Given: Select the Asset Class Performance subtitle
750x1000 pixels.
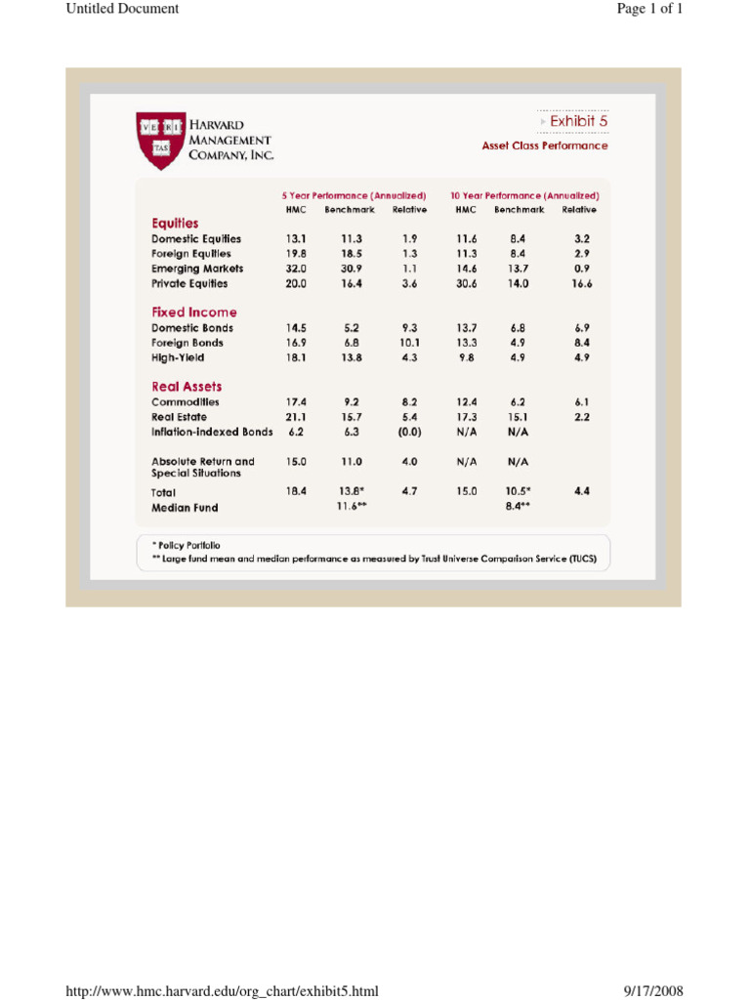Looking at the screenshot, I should [x=544, y=146].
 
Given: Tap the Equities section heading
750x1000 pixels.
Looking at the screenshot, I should [x=175, y=223].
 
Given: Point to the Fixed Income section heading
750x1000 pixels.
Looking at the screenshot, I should [x=193, y=312].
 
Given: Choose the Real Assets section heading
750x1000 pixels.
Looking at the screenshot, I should [x=187, y=387].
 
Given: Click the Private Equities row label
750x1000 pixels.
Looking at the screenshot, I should [x=189, y=283].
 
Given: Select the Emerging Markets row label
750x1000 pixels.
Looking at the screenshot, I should [x=197, y=269].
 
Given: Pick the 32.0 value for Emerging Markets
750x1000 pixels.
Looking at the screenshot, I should [x=296, y=269].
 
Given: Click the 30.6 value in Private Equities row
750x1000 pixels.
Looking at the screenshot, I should [x=465, y=283].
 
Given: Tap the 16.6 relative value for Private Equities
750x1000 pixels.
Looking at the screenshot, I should [x=582, y=283].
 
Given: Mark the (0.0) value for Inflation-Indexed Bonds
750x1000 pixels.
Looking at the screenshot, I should [x=409, y=431].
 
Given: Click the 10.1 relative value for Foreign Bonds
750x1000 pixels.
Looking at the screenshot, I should [x=409, y=343].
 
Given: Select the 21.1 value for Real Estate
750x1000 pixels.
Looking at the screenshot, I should [x=296, y=416].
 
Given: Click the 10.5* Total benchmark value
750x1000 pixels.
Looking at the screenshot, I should [x=519, y=492].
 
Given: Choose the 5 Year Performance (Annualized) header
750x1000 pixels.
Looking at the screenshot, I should [x=354, y=195].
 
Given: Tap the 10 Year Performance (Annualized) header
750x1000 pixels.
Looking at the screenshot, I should [x=524, y=195].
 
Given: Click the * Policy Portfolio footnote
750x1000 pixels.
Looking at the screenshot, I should [x=186, y=545].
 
